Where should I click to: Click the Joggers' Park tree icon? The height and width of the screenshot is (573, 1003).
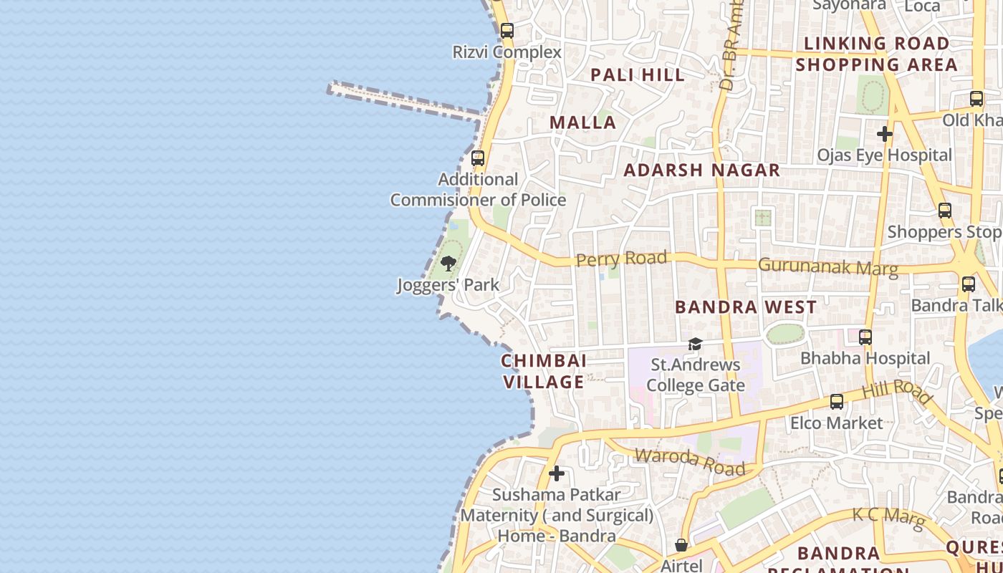click(x=448, y=264)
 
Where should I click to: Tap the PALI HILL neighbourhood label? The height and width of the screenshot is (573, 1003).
click(x=637, y=74)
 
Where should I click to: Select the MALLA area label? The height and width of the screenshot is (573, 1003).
click(x=583, y=122)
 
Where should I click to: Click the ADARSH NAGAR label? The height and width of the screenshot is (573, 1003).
click(x=701, y=170)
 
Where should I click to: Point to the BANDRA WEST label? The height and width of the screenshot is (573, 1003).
click(x=746, y=307)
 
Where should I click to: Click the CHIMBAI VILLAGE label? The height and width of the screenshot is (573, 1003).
click(x=544, y=371)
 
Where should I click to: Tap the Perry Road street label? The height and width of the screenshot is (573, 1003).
click(x=622, y=259)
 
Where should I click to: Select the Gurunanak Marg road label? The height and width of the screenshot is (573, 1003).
click(x=827, y=266)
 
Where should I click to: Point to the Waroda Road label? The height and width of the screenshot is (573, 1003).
click(x=690, y=461)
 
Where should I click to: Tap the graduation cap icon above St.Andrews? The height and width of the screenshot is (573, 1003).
click(x=695, y=345)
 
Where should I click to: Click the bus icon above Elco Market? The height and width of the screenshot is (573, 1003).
click(x=837, y=402)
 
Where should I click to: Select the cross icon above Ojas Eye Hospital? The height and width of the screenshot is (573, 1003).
click(x=885, y=134)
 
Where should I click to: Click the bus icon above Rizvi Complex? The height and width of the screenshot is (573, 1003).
click(x=507, y=31)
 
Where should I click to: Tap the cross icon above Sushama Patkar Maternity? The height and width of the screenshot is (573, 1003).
click(x=557, y=473)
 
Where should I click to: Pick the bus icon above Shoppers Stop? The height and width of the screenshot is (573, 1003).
click(x=945, y=211)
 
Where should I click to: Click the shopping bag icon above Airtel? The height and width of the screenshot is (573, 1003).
click(x=681, y=546)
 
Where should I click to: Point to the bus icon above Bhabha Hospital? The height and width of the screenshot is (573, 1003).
click(x=865, y=337)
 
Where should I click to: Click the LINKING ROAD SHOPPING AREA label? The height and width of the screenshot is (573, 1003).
click(x=876, y=54)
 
